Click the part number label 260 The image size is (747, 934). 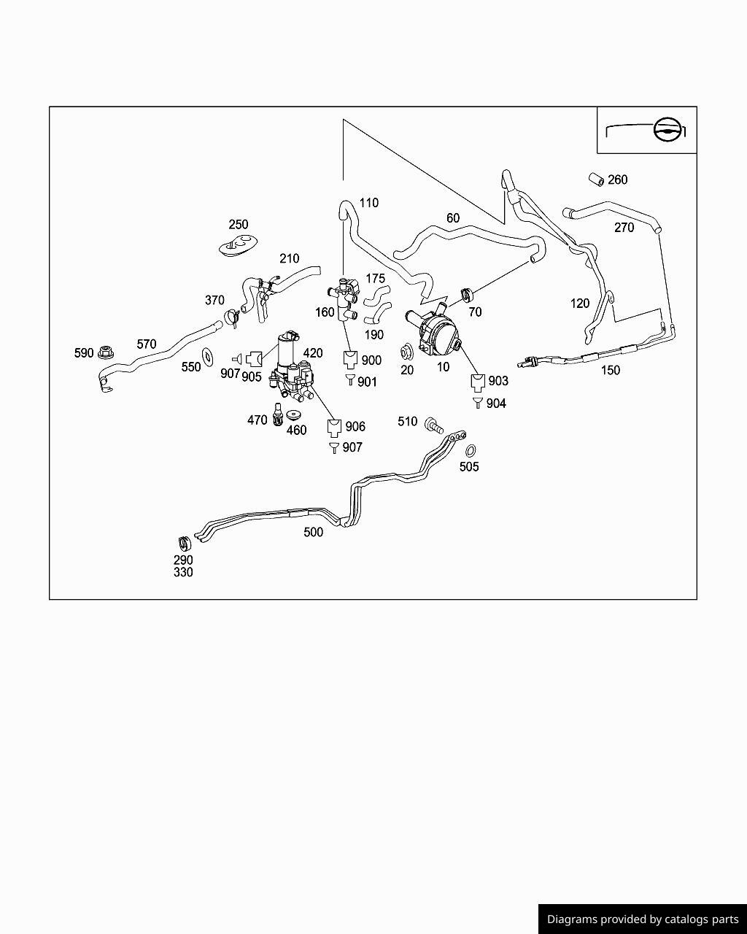click(x=617, y=180)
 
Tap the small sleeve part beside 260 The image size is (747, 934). click(x=597, y=180)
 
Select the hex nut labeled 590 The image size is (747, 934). click(x=105, y=352)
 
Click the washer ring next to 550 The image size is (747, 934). click(x=208, y=356)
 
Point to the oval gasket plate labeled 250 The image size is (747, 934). click(x=238, y=246)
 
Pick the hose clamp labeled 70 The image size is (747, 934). click(x=467, y=296)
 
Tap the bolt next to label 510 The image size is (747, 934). click(x=433, y=425)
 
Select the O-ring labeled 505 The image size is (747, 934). click(x=470, y=451)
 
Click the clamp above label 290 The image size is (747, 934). click(x=185, y=543)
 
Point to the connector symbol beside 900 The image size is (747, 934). click(x=350, y=359)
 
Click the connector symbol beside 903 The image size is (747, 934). click(x=478, y=382)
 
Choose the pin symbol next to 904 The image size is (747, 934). click(x=478, y=402)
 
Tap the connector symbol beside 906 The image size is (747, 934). click(x=334, y=428)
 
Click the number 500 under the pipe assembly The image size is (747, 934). click(x=313, y=532)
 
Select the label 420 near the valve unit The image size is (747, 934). click(x=312, y=353)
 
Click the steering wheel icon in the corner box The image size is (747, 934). click(x=666, y=129)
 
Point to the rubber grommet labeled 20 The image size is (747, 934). click(x=407, y=352)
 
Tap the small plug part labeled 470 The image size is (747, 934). click(x=277, y=415)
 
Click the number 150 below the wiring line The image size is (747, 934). click(x=611, y=370)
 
